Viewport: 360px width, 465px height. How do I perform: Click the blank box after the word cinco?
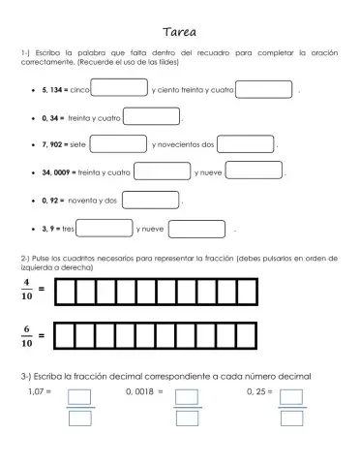click(x=119, y=89)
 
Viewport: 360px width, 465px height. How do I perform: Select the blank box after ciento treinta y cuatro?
click(x=263, y=89)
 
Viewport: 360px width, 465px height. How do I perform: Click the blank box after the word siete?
click(x=119, y=144)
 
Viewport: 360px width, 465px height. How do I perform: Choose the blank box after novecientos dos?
click(x=246, y=144)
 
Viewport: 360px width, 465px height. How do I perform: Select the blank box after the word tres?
click(x=105, y=229)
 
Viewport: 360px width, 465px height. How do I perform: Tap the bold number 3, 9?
click(x=50, y=229)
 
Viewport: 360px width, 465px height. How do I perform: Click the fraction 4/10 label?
click(x=28, y=290)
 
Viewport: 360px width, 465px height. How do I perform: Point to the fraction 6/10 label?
click(x=28, y=335)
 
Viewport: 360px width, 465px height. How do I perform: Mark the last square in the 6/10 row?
click(x=248, y=335)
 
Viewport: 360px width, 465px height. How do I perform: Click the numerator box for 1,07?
click(x=80, y=397)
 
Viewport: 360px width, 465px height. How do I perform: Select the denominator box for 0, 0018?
click(x=187, y=418)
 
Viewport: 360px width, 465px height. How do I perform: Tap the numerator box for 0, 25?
click(x=290, y=397)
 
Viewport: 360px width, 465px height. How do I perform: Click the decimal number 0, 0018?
click(x=143, y=391)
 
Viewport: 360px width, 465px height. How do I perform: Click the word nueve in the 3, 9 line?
click(x=152, y=229)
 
